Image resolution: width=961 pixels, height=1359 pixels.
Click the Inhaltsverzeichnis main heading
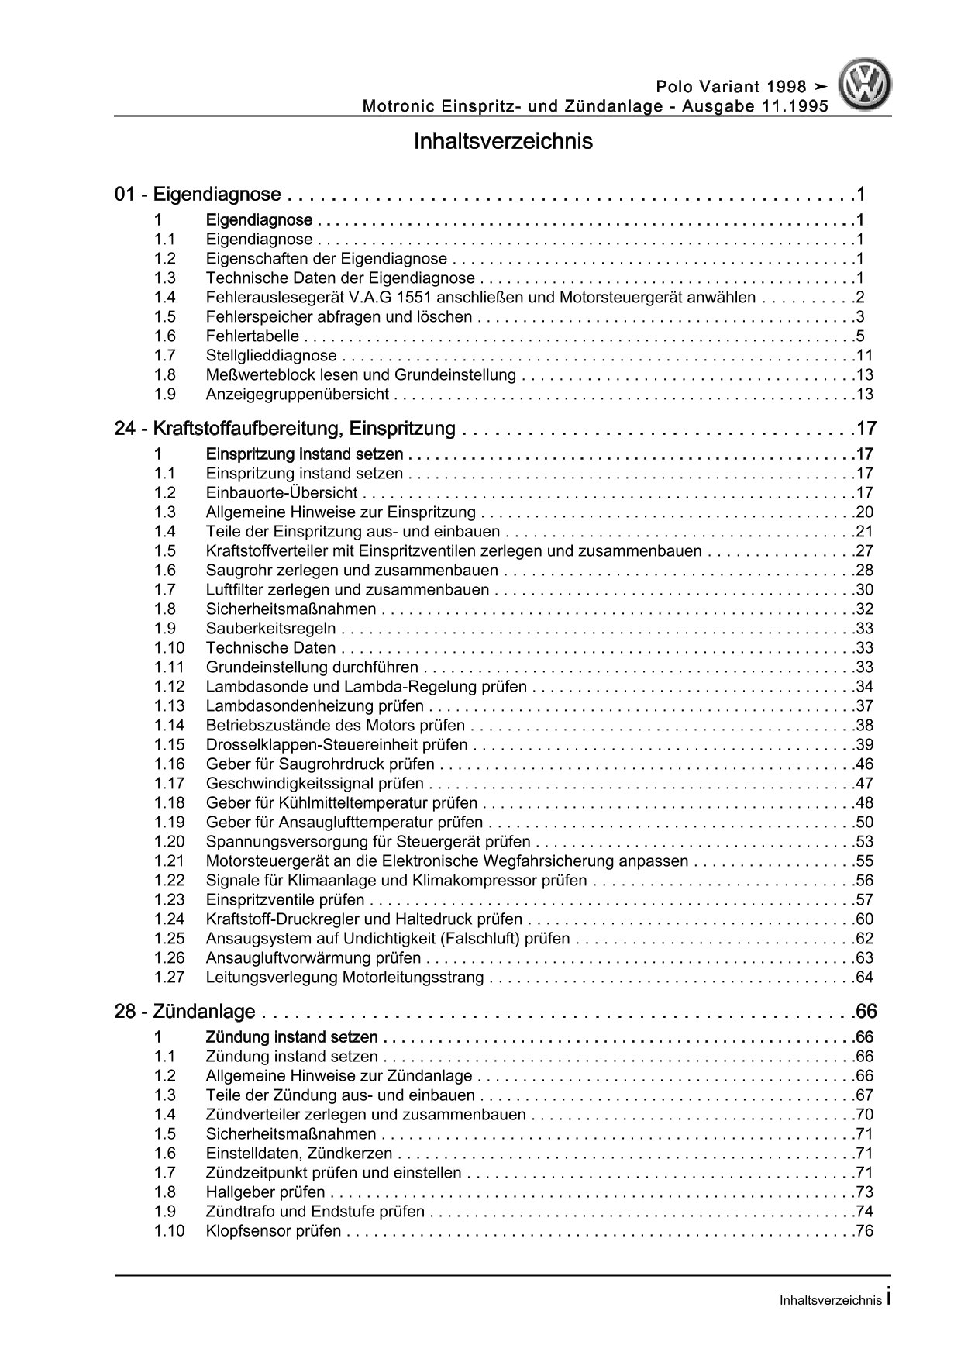(x=503, y=142)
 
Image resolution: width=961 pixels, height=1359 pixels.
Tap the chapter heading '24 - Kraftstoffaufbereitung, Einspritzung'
(x=284, y=429)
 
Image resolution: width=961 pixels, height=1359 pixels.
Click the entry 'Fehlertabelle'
(x=253, y=336)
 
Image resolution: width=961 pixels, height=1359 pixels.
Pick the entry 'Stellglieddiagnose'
(x=271, y=356)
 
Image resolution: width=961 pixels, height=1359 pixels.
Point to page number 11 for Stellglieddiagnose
(x=864, y=356)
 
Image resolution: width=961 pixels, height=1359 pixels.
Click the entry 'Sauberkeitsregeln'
(x=270, y=629)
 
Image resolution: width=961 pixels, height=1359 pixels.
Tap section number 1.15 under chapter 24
(x=169, y=745)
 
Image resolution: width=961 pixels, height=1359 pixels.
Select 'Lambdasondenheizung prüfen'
(x=315, y=706)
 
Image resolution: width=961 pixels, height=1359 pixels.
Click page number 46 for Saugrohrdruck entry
(x=864, y=764)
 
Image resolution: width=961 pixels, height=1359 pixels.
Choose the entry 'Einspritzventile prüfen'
(x=285, y=900)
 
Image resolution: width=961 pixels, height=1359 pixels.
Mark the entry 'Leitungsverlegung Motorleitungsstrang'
(x=345, y=978)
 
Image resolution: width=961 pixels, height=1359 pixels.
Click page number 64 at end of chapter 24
(x=864, y=978)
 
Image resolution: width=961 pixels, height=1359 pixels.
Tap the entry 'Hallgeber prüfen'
(x=266, y=1192)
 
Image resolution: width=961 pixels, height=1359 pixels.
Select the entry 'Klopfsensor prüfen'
(x=274, y=1231)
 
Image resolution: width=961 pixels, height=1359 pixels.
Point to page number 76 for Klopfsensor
(x=864, y=1231)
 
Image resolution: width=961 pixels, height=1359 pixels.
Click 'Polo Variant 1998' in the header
(x=731, y=87)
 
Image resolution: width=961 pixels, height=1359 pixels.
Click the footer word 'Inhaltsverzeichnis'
(x=830, y=1301)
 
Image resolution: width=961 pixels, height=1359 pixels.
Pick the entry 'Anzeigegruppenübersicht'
(x=298, y=395)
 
